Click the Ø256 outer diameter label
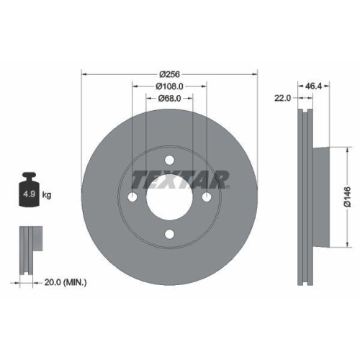(169, 73)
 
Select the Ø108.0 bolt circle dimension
(169, 86)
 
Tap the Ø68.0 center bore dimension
(169, 99)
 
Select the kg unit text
(48, 195)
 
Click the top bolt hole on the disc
(169, 160)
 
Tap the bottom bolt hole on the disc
(169, 234)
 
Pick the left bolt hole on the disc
(132, 197)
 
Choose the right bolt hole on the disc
(207, 197)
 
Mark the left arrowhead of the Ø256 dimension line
(84, 73)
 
